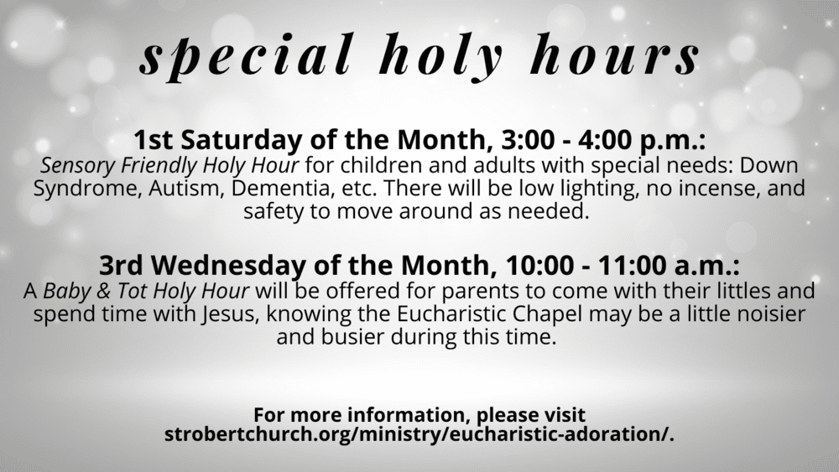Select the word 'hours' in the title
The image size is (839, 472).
pos(614,54)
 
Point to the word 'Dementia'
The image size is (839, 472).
pos(283,189)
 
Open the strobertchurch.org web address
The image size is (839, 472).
pos(419,434)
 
